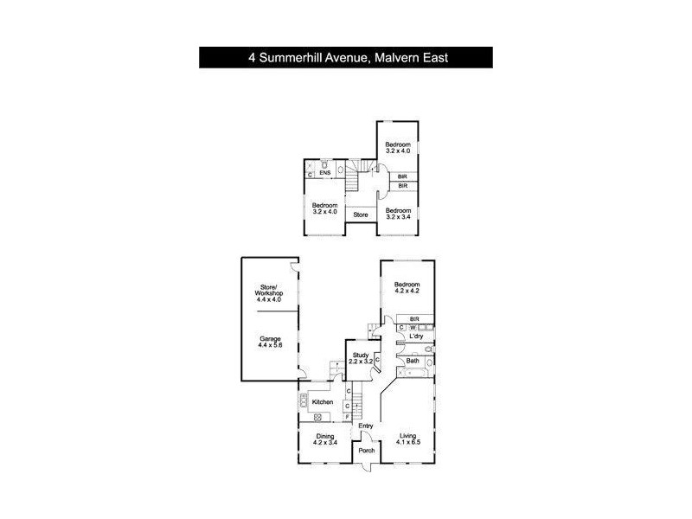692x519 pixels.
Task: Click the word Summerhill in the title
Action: tap(293, 58)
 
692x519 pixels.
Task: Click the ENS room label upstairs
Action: tap(325, 174)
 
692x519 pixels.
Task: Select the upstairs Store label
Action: tap(362, 215)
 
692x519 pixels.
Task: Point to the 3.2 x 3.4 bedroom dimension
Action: tap(397, 218)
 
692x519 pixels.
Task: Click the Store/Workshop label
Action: tap(268, 291)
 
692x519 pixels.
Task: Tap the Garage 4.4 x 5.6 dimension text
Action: tap(270, 345)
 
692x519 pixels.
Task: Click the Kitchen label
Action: tap(323, 403)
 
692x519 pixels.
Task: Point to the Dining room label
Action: tap(324, 437)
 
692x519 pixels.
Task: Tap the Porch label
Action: tap(366, 451)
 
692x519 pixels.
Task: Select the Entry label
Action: tap(366, 426)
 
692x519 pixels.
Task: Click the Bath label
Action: tap(413, 361)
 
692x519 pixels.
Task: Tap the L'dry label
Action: tap(416, 336)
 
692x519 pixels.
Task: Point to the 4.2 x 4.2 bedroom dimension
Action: tap(407, 292)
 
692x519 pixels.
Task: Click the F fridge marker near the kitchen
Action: tap(348, 418)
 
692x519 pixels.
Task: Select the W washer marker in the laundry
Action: tap(413, 327)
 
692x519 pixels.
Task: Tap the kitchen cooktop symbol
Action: tap(304, 400)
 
